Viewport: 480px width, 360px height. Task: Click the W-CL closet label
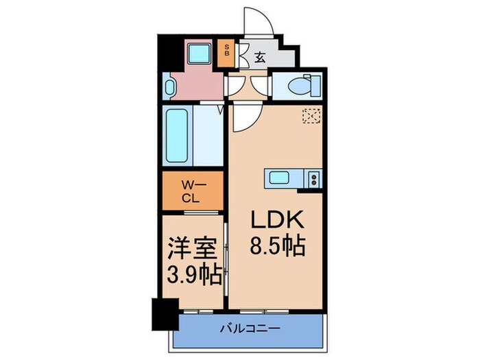[193, 190]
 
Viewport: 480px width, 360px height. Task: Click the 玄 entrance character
[261, 58]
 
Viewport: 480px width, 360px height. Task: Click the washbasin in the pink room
[171, 87]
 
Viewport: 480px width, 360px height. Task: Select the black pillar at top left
[166, 51]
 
